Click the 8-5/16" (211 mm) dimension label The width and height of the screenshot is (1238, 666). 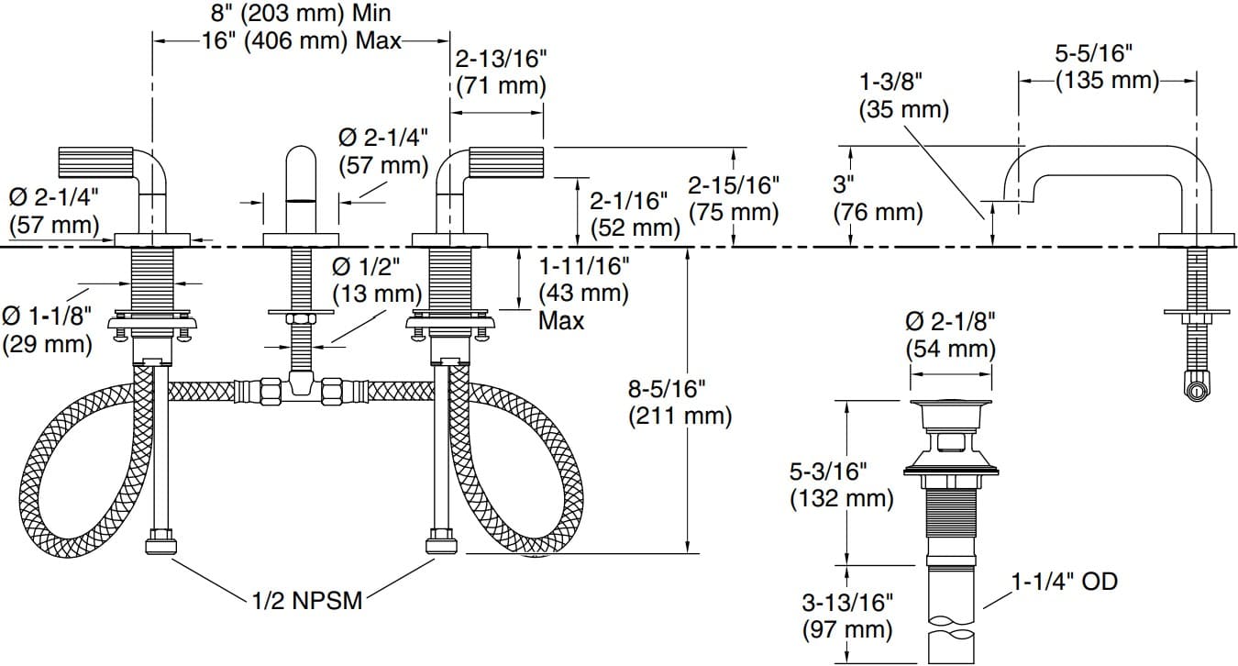(680, 402)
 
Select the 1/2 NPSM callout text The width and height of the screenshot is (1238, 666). (305, 601)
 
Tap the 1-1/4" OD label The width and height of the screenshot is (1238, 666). (1064, 581)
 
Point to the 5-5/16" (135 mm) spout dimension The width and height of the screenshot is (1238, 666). (1107, 67)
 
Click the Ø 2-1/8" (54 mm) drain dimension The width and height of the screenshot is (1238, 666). (950, 335)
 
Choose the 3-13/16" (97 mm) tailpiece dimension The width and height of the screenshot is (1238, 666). (846, 616)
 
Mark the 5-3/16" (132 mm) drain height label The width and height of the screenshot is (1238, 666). (841, 484)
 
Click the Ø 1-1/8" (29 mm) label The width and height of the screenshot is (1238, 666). (48, 330)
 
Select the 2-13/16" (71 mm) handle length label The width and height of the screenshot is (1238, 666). (501, 72)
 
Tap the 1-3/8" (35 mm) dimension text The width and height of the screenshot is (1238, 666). (903, 94)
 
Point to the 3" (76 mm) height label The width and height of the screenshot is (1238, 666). (877, 198)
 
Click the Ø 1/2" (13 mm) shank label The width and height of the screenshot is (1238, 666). (376, 280)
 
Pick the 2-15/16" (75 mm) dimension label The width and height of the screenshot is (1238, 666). (733, 198)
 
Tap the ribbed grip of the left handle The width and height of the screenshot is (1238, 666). (96, 162)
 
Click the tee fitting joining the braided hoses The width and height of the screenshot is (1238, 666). (300, 390)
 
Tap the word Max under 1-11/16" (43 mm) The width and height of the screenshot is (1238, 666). (560, 320)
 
